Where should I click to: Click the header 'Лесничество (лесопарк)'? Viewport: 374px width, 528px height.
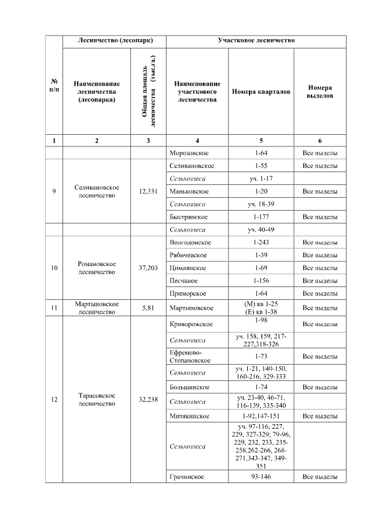(x=115, y=41)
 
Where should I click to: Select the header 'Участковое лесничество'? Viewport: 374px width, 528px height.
(x=256, y=41)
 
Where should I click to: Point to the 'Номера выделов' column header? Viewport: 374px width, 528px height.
(x=320, y=92)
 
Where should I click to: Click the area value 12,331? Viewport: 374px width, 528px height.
(x=148, y=191)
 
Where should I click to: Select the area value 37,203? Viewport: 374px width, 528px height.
(x=148, y=268)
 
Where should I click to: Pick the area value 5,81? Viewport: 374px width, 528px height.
(x=148, y=307)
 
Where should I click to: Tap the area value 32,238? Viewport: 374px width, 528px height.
(x=148, y=400)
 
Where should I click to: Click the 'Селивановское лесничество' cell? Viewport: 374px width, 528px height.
(x=97, y=191)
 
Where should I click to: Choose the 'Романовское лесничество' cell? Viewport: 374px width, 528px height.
(x=97, y=268)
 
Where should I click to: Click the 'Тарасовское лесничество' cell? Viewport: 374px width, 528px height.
(x=97, y=400)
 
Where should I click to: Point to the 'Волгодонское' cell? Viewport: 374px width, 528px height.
(x=191, y=242)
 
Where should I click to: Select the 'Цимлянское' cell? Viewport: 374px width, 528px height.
(x=188, y=268)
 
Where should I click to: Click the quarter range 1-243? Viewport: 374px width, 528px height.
(x=261, y=242)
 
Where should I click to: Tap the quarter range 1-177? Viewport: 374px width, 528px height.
(x=261, y=217)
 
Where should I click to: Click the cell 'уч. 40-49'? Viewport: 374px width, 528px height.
(x=261, y=229)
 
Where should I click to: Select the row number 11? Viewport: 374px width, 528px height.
(x=54, y=307)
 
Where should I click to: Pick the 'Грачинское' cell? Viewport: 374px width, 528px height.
(x=187, y=477)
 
